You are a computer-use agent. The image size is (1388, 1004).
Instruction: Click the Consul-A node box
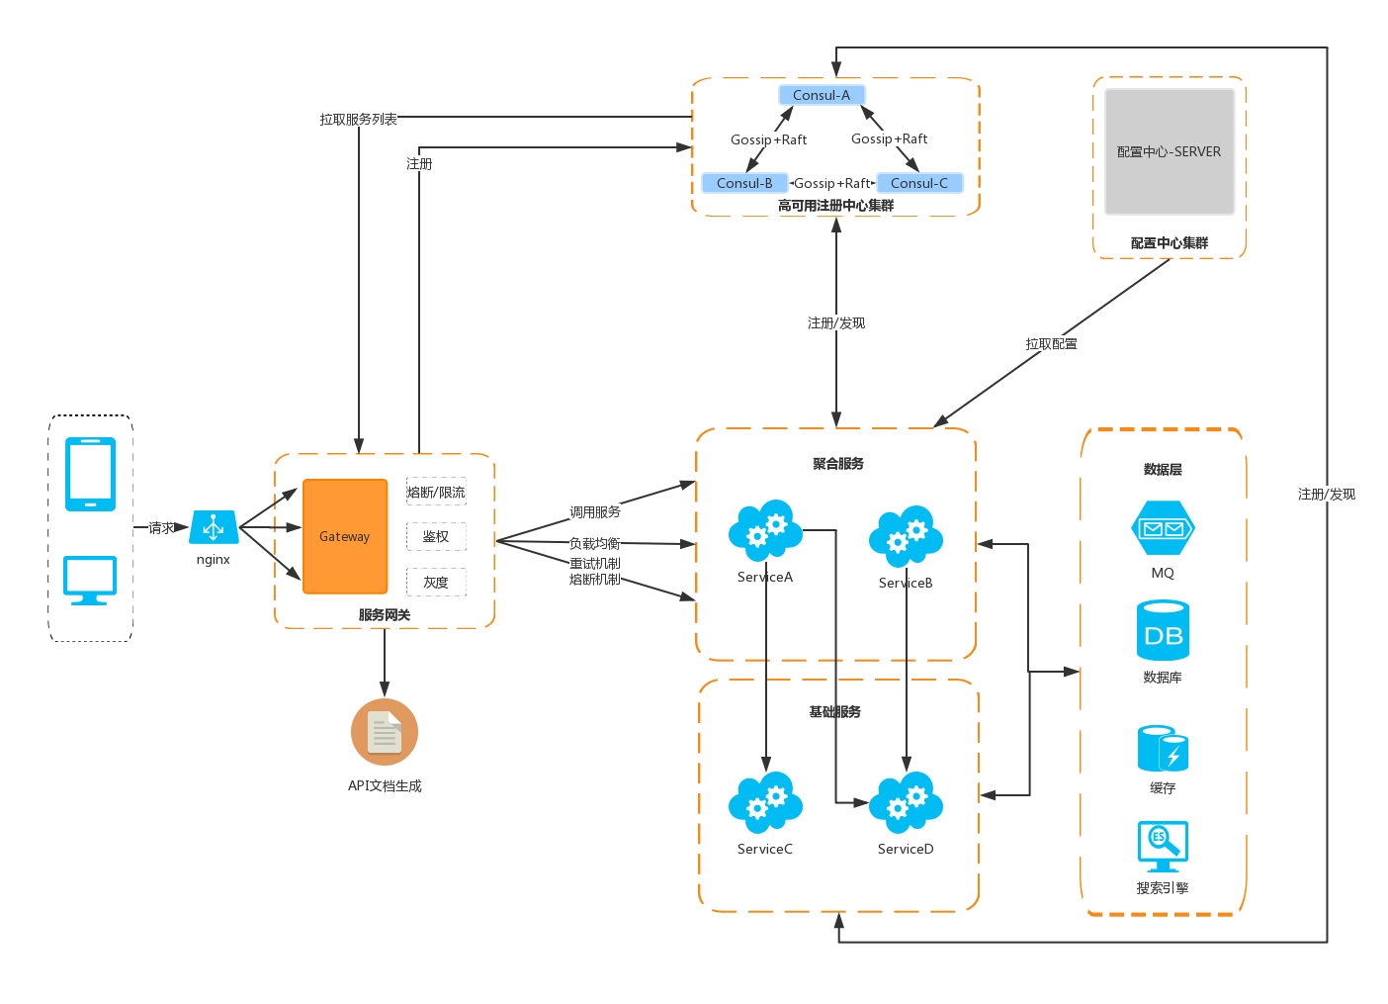click(x=822, y=95)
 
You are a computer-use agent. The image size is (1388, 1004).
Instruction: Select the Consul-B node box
click(x=744, y=183)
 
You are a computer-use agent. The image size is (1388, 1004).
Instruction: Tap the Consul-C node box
click(x=919, y=183)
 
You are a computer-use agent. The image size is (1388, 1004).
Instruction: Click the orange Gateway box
click(x=345, y=536)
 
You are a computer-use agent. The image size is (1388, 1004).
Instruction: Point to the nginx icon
click(x=214, y=527)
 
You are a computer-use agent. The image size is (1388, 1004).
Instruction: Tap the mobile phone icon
click(x=90, y=474)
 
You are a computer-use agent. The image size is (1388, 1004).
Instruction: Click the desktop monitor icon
click(x=90, y=579)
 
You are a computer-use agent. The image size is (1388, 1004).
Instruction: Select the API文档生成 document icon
click(x=385, y=732)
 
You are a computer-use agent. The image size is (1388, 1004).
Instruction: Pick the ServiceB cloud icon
click(x=906, y=536)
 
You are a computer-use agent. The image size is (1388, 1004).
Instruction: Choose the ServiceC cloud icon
click(x=765, y=802)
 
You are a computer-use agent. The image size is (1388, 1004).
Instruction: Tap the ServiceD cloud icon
click(x=906, y=802)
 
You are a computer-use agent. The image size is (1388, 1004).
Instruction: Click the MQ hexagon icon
click(x=1163, y=528)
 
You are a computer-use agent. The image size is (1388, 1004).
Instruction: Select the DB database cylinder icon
click(x=1163, y=630)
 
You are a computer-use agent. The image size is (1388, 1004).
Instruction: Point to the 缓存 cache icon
click(x=1163, y=749)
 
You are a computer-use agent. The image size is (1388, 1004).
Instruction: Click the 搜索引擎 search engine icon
click(x=1163, y=846)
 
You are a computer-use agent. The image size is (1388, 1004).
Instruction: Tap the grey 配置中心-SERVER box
click(x=1170, y=151)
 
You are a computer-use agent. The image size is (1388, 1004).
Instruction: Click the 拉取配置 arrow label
click(x=1052, y=343)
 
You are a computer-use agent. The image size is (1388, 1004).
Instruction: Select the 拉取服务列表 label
click(x=359, y=119)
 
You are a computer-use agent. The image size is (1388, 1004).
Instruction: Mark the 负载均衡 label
click(x=595, y=543)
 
